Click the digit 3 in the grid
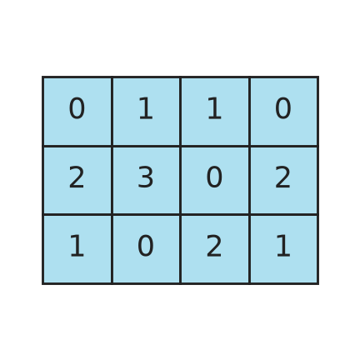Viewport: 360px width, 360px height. click(x=146, y=177)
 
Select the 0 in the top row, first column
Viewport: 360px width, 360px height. click(x=77, y=108)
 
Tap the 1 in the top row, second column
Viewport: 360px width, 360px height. click(x=146, y=108)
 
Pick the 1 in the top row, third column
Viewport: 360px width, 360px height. click(x=214, y=108)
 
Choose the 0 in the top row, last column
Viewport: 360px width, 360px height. click(x=283, y=108)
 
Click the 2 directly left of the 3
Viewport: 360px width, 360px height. click(x=77, y=177)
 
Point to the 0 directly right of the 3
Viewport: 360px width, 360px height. click(x=214, y=177)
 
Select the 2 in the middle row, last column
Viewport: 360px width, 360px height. click(x=283, y=177)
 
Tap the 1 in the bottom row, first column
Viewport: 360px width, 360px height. click(x=77, y=246)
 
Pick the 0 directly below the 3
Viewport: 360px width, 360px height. click(x=146, y=246)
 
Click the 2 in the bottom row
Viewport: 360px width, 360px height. click(x=214, y=246)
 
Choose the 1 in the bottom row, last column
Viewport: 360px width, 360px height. click(x=283, y=246)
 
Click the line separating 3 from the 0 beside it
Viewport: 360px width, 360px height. click(x=181, y=180)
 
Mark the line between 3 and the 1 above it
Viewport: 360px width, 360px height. click(x=146, y=146)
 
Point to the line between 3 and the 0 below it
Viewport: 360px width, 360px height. click(x=146, y=215)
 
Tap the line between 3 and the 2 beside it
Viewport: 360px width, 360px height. click(x=112, y=180)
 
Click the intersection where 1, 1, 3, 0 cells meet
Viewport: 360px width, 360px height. click(x=181, y=146)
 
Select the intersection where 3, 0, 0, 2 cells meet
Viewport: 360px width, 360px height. click(x=181, y=215)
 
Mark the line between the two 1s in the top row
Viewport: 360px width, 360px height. click(x=181, y=112)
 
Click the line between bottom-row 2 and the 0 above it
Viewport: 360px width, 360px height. click(x=215, y=215)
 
